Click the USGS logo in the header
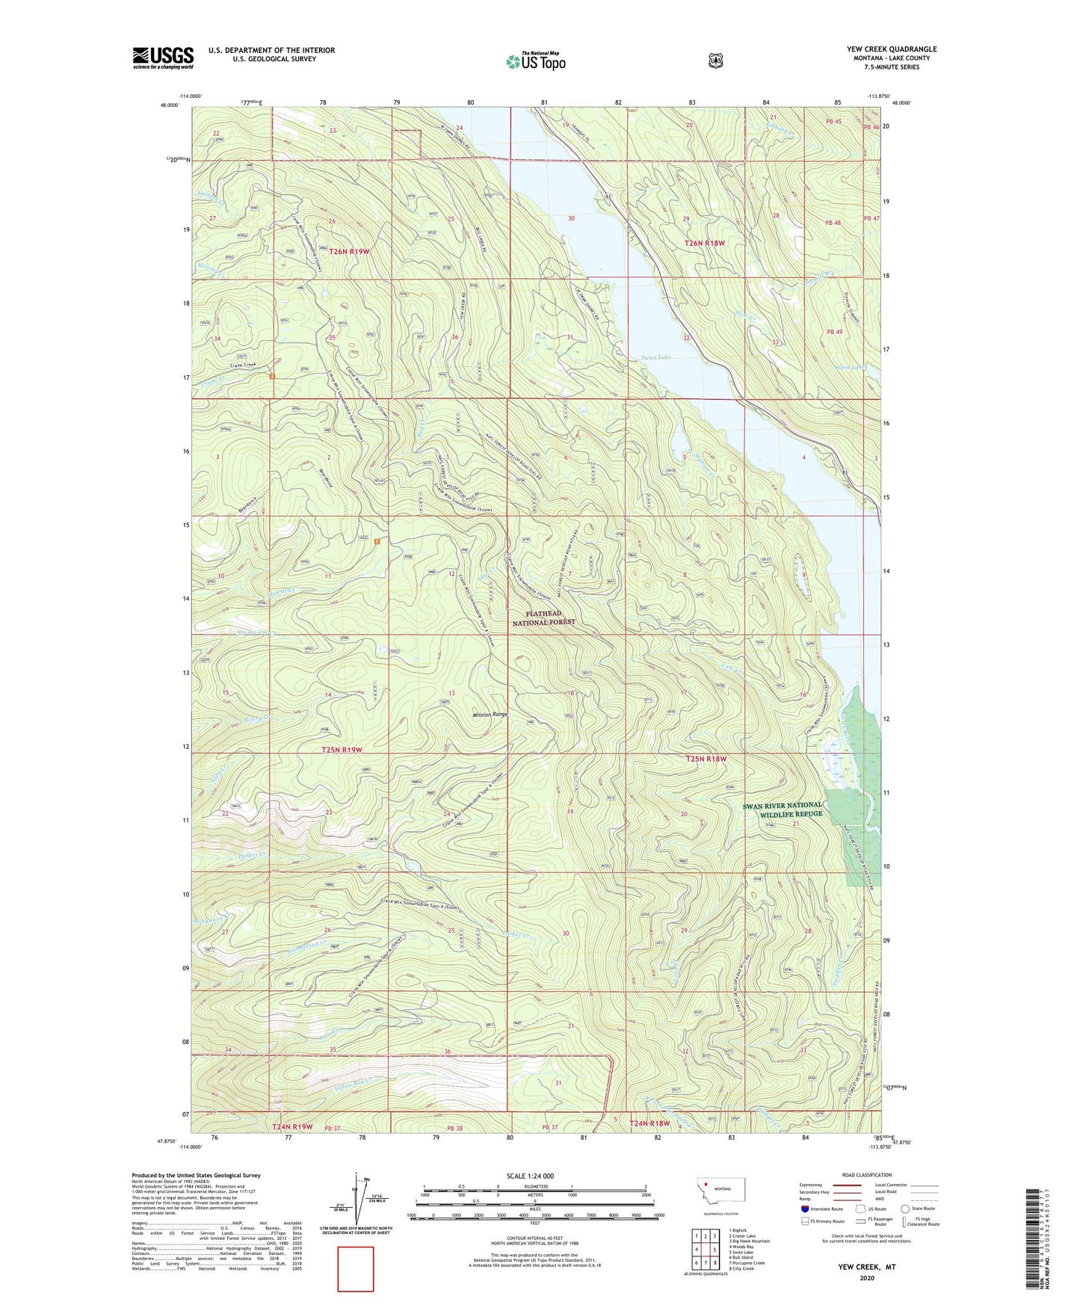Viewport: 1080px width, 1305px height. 163,58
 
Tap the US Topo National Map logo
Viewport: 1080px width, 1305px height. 535,61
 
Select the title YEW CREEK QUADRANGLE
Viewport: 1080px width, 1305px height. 891,49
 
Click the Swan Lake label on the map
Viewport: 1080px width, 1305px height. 655,357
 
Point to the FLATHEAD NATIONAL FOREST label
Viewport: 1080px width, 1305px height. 543,618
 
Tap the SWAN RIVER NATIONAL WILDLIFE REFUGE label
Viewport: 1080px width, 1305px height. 782,809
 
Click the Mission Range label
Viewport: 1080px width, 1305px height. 490,715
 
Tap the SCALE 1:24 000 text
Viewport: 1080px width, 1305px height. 530,1176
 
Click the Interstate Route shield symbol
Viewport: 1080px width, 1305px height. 804,1209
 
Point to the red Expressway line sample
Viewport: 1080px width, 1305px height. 845,1185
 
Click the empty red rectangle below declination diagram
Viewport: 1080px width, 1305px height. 355,1268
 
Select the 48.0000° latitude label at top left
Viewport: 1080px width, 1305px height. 169,105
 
